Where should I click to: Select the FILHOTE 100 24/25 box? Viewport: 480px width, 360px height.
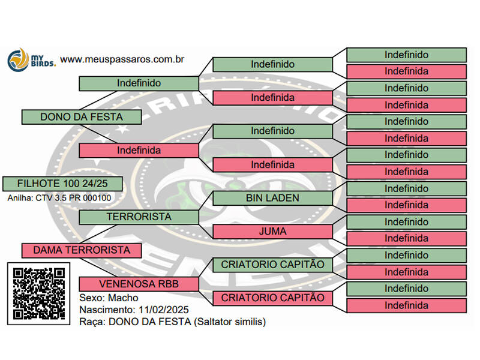coord(62,184)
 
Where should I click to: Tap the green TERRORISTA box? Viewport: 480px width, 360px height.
coord(139,217)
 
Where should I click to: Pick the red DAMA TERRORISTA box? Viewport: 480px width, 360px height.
coord(81,250)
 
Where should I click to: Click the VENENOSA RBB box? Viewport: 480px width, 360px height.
coord(139,284)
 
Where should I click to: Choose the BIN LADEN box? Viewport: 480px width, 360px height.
coord(272,198)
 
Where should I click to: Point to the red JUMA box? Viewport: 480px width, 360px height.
coord(272,231)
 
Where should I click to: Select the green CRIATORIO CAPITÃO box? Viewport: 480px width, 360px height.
coord(272,265)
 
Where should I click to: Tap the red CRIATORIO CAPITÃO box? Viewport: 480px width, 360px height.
coord(272,298)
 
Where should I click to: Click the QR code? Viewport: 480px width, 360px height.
coord(40,293)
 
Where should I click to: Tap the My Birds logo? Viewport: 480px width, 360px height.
coord(31,60)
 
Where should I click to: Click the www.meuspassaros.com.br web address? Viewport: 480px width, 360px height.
coord(122,59)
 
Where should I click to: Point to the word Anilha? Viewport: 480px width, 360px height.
coord(20,197)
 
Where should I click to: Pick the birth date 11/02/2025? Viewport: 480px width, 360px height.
coord(163,310)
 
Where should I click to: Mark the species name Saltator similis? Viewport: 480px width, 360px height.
coord(227,322)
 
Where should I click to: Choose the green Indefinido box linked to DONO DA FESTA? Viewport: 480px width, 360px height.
coord(139,83)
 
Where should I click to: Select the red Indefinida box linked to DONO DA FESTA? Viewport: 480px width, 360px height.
coord(139,151)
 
